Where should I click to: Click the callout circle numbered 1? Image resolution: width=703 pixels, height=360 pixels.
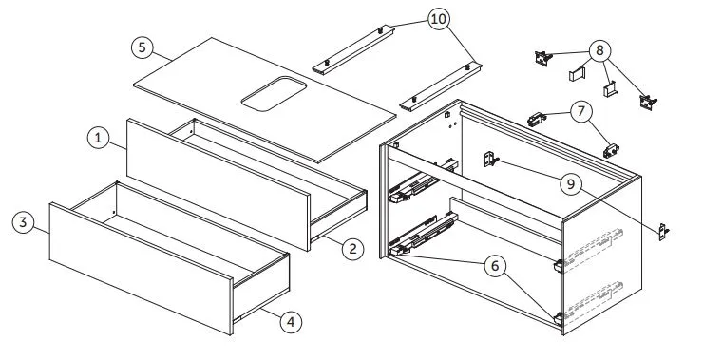[98, 138]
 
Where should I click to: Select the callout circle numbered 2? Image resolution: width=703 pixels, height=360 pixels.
[352, 248]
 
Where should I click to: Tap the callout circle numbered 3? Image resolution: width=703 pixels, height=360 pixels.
[24, 222]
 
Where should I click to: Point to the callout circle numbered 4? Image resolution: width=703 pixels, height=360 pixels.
[291, 322]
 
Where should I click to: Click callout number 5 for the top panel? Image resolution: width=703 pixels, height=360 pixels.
[142, 47]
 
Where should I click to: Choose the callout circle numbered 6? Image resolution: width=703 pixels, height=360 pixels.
[495, 266]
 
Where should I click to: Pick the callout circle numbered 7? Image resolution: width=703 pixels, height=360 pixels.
[581, 111]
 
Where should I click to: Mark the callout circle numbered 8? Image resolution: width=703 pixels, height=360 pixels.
[599, 50]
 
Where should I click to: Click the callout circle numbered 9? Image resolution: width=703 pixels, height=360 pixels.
[571, 184]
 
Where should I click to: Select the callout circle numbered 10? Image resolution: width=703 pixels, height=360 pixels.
[439, 19]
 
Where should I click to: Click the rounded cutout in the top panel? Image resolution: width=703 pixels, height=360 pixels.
[274, 93]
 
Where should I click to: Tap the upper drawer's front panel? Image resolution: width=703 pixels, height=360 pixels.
[218, 184]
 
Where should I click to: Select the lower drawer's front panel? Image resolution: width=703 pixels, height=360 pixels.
[142, 269]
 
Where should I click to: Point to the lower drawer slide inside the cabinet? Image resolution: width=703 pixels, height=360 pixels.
[423, 235]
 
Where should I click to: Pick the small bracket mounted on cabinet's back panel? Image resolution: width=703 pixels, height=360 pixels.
[491, 160]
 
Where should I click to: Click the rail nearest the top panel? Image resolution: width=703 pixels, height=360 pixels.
[353, 50]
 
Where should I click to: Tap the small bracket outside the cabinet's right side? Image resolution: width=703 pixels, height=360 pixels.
[663, 232]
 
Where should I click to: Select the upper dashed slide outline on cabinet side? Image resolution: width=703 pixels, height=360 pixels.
[594, 248]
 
